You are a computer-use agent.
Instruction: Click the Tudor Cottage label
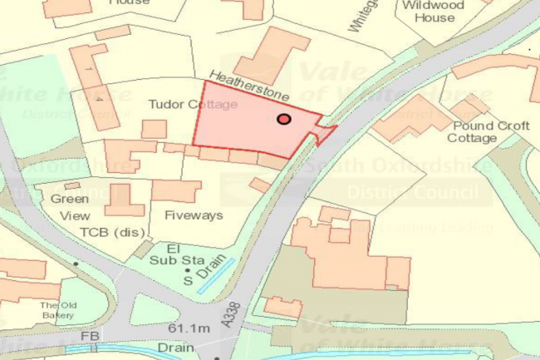[x=193, y=105]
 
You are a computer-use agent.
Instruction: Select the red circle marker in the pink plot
[x=284, y=120]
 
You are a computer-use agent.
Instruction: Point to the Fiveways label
[x=194, y=215]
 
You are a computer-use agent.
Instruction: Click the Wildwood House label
[x=434, y=11]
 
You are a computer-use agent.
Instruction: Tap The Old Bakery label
[x=58, y=310]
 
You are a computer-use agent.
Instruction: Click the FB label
[x=90, y=335]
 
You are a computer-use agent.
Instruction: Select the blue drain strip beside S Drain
[x=216, y=271]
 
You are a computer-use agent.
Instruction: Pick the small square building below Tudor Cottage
[x=154, y=129]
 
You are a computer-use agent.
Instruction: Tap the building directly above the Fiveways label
[x=175, y=190]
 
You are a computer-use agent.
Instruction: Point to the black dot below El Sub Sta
[x=189, y=270]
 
